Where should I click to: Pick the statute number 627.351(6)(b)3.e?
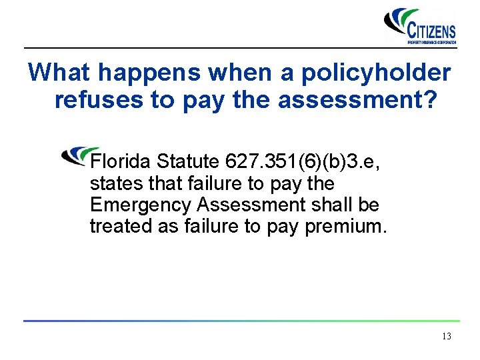[303, 161]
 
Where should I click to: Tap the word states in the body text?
[111, 183]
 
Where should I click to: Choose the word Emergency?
[137, 205]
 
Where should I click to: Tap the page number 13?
[446, 337]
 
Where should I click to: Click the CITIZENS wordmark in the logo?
[431, 30]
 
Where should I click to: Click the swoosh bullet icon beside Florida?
[79, 155]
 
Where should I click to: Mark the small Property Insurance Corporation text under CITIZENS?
[431, 42]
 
